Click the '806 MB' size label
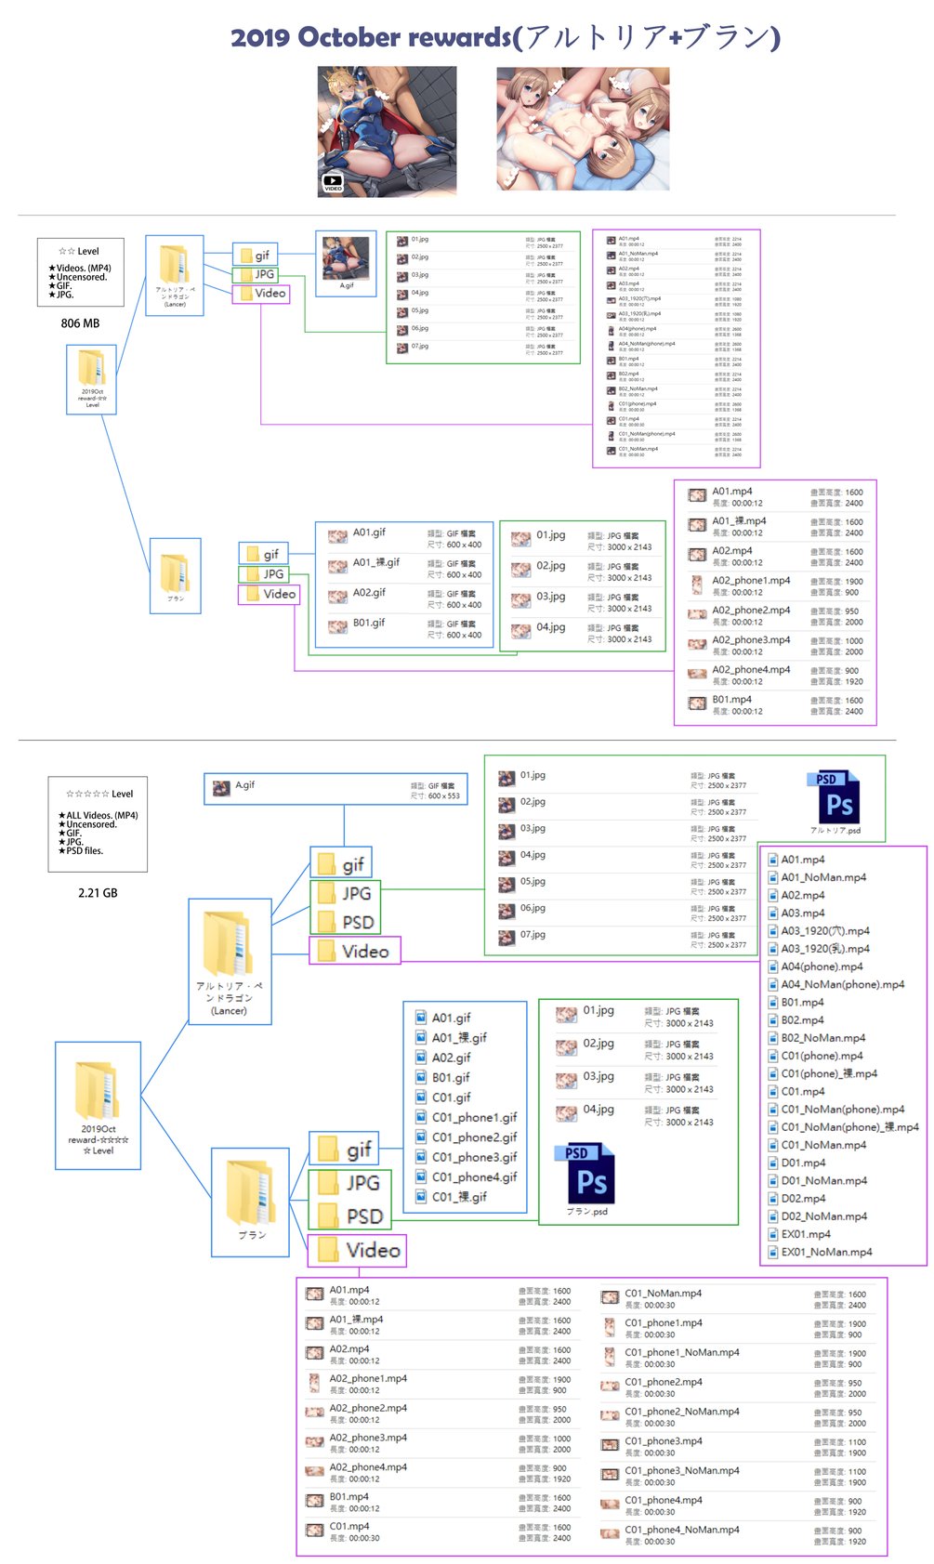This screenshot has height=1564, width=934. pyautogui.click(x=80, y=323)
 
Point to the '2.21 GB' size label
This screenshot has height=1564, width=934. pyautogui.click(x=98, y=893)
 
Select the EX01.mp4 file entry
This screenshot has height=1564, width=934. pyautogui.click(x=805, y=1234)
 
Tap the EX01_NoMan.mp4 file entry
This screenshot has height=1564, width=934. pyautogui.click(x=825, y=1252)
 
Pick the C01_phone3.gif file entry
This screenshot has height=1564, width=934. pyautogui.click(x=473, y=1157)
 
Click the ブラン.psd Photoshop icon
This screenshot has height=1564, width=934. pyautogui.click(x=590, y=1175)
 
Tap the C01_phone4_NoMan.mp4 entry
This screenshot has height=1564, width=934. pyautogui.click(x=681, y=1530)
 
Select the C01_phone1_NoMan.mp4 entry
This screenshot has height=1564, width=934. pyautogui.click(x=681, y=1352)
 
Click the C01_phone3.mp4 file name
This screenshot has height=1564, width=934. pyautogui.click(x=663, y=1441)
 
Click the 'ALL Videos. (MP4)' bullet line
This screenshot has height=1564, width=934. pyautogui.click(x=101, y=815)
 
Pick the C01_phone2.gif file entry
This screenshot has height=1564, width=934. pyautogui.click(x=473, y=1137)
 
